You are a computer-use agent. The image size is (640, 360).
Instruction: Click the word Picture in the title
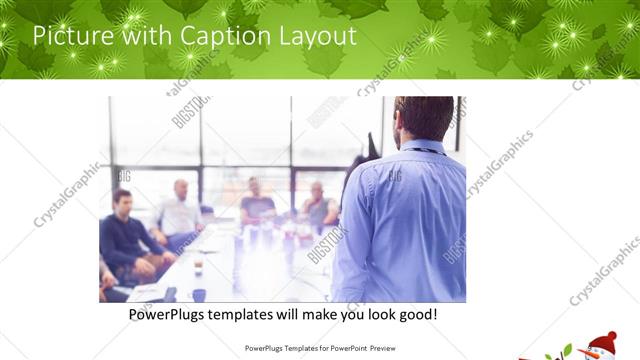[x=70, y=36]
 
